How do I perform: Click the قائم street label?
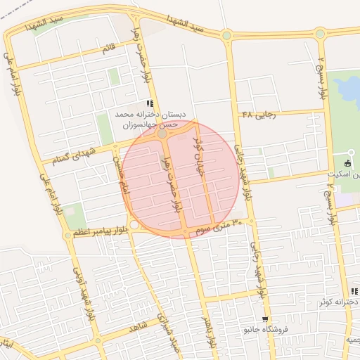[x=108, y=49]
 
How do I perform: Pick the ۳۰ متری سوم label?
[x=218, y=226]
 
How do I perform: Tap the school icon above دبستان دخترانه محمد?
[x=149, y=103]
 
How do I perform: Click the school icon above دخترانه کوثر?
[x=354, y=291]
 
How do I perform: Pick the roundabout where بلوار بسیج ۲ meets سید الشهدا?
[x=321, y=33]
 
